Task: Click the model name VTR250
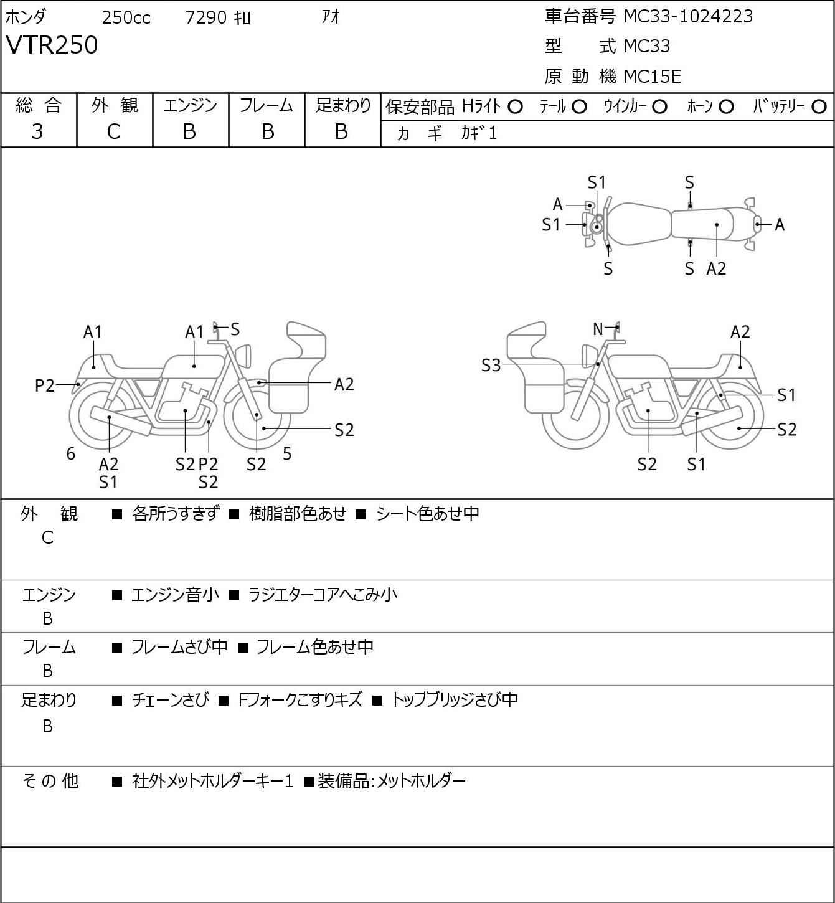(52, 45)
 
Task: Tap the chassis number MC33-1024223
(688, 16)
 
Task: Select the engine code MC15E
(653, 77)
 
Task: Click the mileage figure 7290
(205, 17)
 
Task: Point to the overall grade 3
(37, 132)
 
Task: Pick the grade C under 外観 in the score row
(113, 132)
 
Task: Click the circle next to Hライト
(515, 107)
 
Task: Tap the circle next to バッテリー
(819, 107)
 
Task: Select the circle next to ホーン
(726, 107)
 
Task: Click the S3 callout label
(491, 365)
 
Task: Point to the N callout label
(598, 329)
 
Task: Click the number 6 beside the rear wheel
(70, 453)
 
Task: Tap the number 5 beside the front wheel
(287, 453)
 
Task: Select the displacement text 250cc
(126, 17)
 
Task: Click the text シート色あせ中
(428, 513)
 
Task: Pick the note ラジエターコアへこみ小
(323, 594)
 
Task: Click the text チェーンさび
(170, 699)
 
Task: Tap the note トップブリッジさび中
(455, 699)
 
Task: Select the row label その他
(50, 781)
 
